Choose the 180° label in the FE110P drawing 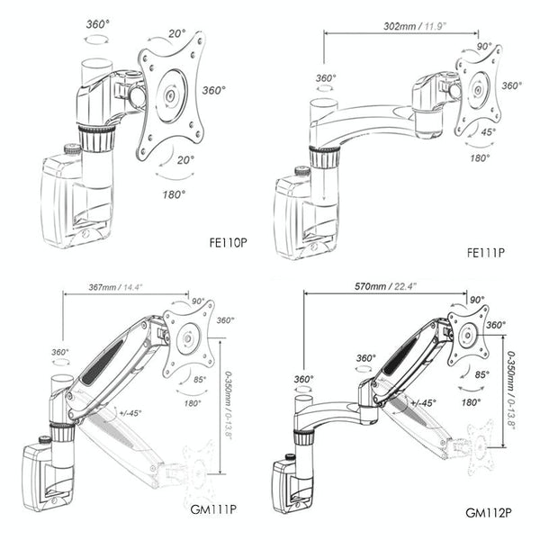[x=174, y=193]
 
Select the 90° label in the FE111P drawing [x=482, y=46]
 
